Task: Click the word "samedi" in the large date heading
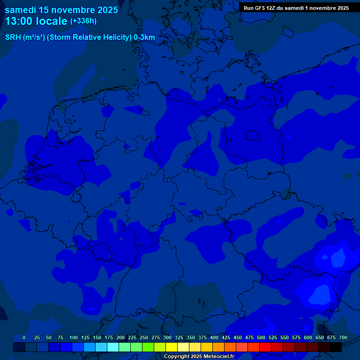[21, 9]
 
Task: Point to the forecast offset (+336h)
[83, 21]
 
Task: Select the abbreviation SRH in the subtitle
[13, 37]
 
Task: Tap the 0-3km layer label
[144, 37]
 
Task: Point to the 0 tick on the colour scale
[24, 337]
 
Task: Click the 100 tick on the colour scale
[74, 337]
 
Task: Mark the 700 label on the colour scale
[343, 337]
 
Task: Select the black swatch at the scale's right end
[336, 347]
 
